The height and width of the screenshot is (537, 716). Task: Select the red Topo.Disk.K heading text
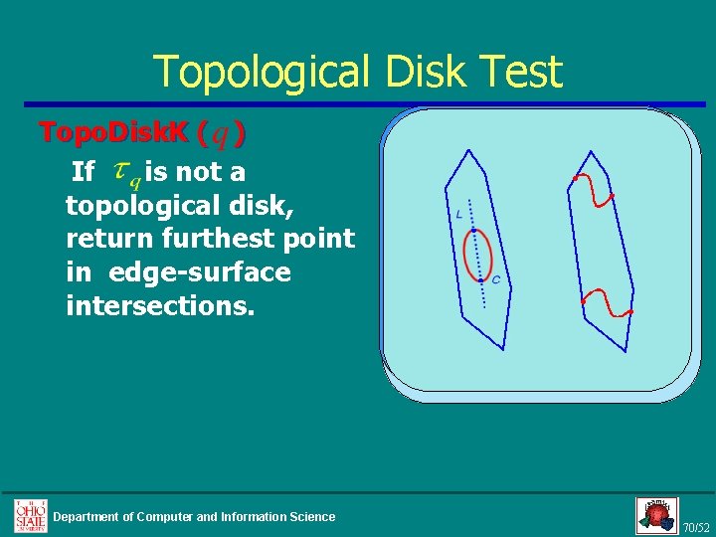115,132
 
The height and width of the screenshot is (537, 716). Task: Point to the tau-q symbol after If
126,174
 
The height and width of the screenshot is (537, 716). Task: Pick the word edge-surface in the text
200,272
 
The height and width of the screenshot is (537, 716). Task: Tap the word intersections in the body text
160,305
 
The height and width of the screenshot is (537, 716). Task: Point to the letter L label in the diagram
459,214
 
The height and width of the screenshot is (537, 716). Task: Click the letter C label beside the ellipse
495,280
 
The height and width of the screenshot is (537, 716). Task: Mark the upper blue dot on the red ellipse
473,231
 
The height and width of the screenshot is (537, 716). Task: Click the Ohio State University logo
30,515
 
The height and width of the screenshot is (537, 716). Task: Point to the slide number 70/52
696,526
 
